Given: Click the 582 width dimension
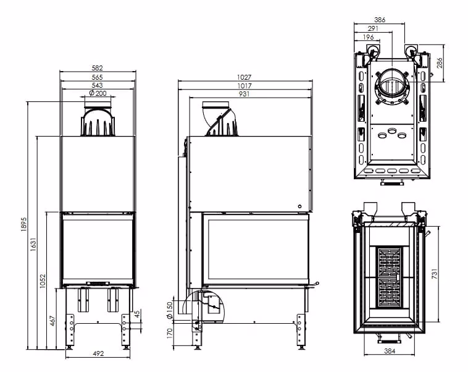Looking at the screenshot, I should [x=97, y=68].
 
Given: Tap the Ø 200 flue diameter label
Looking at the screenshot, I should [x=98, y=93].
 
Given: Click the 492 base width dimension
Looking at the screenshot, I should [x=98, y=353].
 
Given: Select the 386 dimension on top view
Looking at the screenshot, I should [x=379, y=20].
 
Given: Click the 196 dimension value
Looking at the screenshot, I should [x=369, y=37].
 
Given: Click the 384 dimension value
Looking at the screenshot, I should [x=389, y=351].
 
